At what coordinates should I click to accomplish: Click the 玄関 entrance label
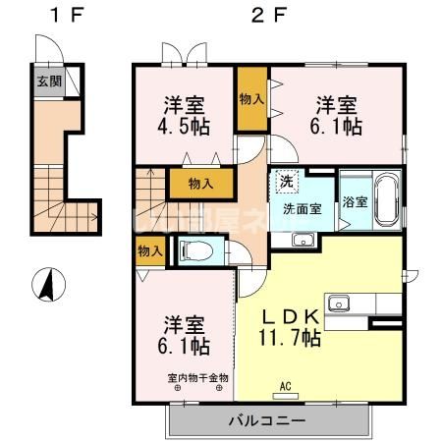click(46, 83)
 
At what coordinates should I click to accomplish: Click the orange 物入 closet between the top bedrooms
click(250, 99)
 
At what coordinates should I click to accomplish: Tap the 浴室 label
click(355, 203)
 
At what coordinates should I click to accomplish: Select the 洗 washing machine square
click(286, 181)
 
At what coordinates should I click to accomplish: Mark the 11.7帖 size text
click(288, 340)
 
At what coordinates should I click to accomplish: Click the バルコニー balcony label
click(267, 419)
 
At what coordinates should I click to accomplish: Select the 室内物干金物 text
click(197, 377)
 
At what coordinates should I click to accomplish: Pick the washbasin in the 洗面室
click(302, 239)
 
